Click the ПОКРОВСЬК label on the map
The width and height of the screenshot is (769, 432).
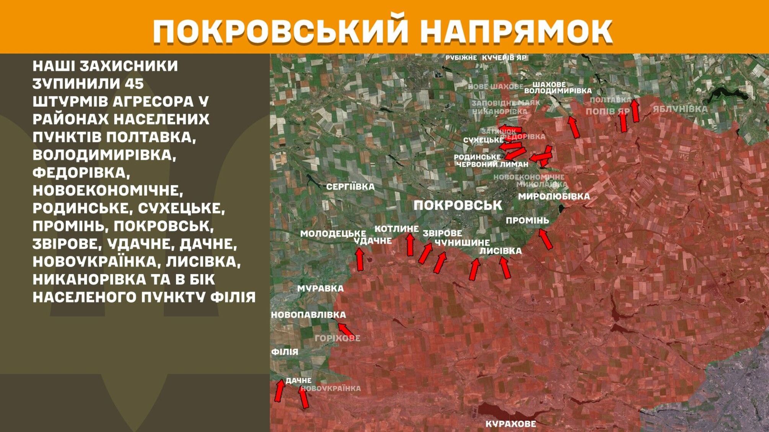[458, 205]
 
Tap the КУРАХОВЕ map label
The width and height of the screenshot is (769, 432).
[510, 424]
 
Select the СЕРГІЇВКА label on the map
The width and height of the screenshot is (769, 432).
[350, 187]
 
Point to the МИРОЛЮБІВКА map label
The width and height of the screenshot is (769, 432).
[554, 197]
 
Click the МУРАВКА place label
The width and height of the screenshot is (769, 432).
[321, 289]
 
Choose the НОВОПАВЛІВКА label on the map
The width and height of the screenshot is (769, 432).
[308, 315]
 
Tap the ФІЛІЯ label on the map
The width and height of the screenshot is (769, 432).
[284, 352]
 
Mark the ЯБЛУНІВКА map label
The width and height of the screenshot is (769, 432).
[680, 109]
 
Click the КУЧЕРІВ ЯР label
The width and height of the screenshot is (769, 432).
[504, 58]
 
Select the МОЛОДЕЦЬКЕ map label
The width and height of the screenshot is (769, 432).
[333, 234]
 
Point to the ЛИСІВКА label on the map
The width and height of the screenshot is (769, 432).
[500, 251]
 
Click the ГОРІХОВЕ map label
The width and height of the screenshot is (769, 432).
[337, 338]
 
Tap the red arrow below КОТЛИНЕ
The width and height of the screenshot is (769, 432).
[410, 245]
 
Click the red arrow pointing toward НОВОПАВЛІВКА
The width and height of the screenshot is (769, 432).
[346, 330]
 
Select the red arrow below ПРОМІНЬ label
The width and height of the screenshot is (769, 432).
[546, 239]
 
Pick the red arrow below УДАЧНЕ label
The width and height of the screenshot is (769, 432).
[360, 259]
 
